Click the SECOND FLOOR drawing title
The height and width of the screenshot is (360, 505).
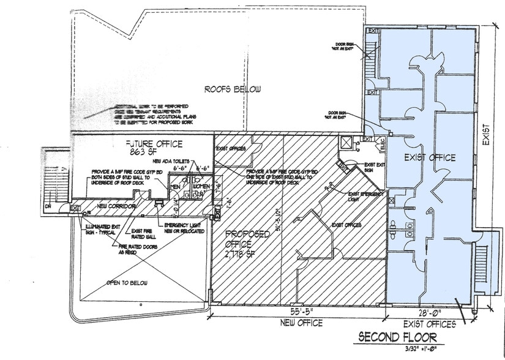[x=397, y=337]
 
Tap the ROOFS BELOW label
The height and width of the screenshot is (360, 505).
[x=233, y=89]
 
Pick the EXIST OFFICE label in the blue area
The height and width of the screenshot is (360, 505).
[x=430, y=158]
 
